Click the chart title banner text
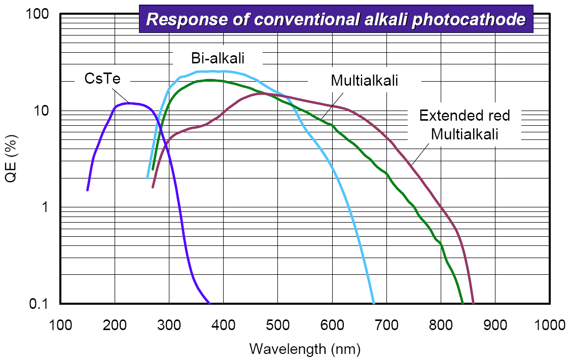coord(336,20)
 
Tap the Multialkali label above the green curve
coord(364,80)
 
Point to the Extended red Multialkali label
coord(464,125)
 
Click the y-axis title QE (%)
coord(15,159)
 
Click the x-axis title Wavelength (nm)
coord(304,348)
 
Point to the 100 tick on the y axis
coord(38,15)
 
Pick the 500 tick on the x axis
coord(277,324)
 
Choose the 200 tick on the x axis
coord(115,324)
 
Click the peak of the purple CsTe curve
coord(130,103)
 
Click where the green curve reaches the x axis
coord(463,303)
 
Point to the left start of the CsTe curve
coord(88,190)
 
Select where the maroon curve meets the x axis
coord(473,303)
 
